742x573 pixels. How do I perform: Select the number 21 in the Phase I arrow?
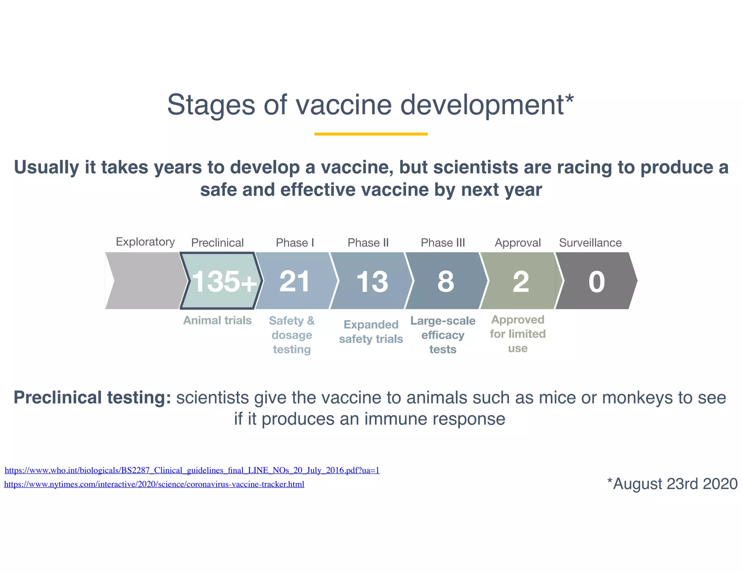pyautogui.click(x=295, y=281)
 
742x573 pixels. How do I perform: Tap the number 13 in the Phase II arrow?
pyautogui.click(x=372, y=281)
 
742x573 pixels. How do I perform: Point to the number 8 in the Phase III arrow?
pyautogui.click(x=446, y=281)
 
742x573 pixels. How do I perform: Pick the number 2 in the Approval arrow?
pyautogui.click(x=521, y=281)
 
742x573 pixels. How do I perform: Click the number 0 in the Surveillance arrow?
pyautogui.click(x=596, y=281)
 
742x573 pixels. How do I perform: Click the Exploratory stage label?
pyautogui.click(x=145, y=242)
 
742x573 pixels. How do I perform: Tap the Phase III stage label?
pyautogui.click(x=443, y=243)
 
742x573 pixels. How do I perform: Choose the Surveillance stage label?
pyautogui.click(x=590, y=243)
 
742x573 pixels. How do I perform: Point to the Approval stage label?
pyautogui.click(x=518, y=243)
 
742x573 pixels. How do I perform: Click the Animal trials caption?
pyautogui.click(x=217, y=321)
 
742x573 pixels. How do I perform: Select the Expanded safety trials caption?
pyautogui.click(x=371, y=332)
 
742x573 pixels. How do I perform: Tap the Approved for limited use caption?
pyautogui.click(x=518, y=334)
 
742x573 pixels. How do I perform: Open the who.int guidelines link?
pyautogui.click(x=192, y=470)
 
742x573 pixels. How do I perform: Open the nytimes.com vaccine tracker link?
pyautogui.click(x=154, y=484)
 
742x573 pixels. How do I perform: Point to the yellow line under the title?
pyautogui.click(x=371, y=134)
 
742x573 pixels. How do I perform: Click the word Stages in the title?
pyautogui.click(x=211, y=105)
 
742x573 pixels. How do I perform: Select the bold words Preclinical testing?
pyautogui.click(x=92, y=398)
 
